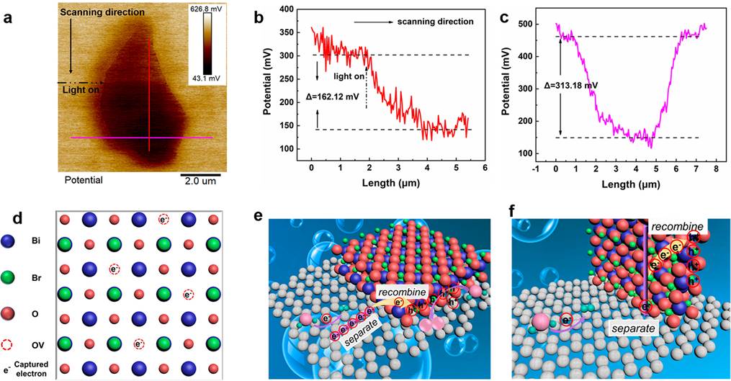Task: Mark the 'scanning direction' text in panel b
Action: [x=435, y=22]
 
